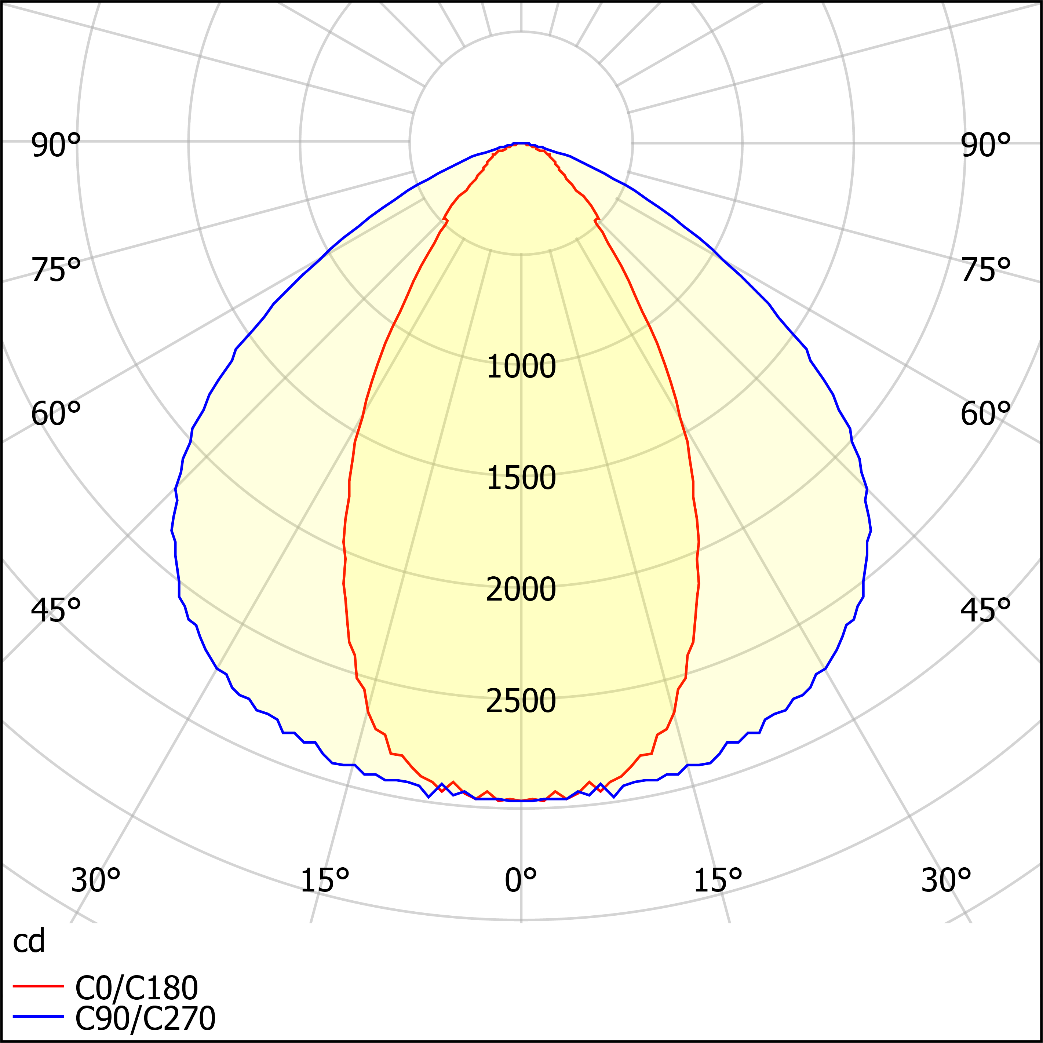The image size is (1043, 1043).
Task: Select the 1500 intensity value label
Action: tap(521, 478)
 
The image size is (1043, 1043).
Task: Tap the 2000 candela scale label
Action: tap(521, 590)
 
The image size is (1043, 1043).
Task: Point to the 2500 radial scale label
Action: tap(521, 701)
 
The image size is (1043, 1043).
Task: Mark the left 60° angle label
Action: tap(56, 415)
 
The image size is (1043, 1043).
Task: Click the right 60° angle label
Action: tap(986, 415)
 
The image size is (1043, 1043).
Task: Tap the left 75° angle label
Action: tap(56, 270)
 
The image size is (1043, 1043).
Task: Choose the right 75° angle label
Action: tap(986, 270)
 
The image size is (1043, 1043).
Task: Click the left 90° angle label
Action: tap(56, 146)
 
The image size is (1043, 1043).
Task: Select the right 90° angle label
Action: tap(986, 146)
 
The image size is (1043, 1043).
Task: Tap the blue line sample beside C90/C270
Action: tap(38, 1017)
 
